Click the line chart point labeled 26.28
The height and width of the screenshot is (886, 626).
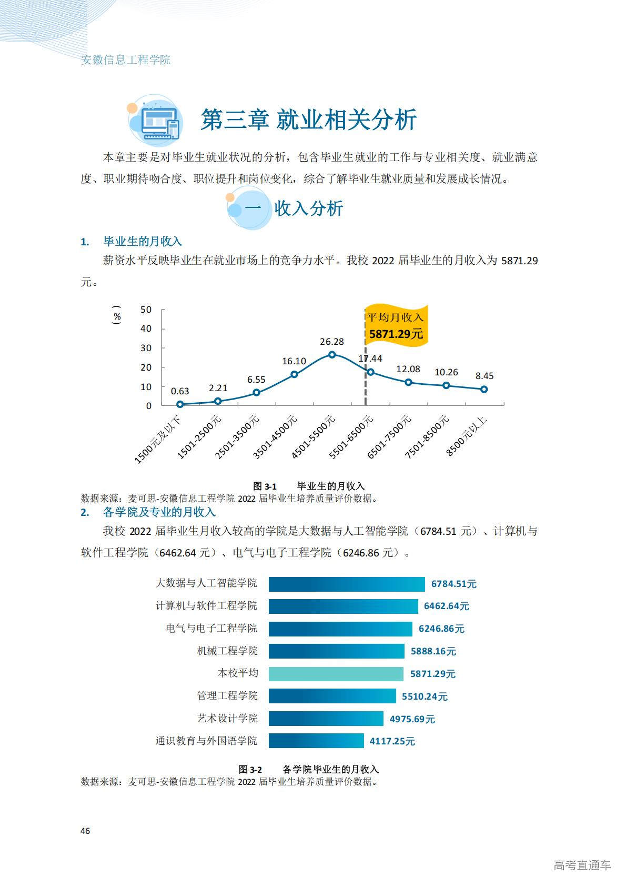332,355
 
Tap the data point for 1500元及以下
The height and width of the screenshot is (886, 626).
180,404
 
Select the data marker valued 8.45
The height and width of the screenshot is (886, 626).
484,390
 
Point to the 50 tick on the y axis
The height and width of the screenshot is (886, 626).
146,310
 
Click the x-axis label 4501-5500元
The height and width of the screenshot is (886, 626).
314,436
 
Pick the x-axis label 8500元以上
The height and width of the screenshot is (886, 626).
467,435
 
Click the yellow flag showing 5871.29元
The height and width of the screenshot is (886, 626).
396,326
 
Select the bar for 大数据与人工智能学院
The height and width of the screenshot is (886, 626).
347,584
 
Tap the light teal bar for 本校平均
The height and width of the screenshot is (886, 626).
336,674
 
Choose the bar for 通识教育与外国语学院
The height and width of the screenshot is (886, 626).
316,741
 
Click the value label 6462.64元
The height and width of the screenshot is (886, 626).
447,606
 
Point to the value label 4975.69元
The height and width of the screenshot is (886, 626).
412,719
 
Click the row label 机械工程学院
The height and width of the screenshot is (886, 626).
227,651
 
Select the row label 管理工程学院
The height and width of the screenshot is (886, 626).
227,696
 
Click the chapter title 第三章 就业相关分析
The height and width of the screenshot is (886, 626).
309,120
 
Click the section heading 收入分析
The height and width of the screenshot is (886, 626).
309,208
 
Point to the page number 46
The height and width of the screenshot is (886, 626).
85,831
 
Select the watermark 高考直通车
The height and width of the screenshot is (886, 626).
582,865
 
